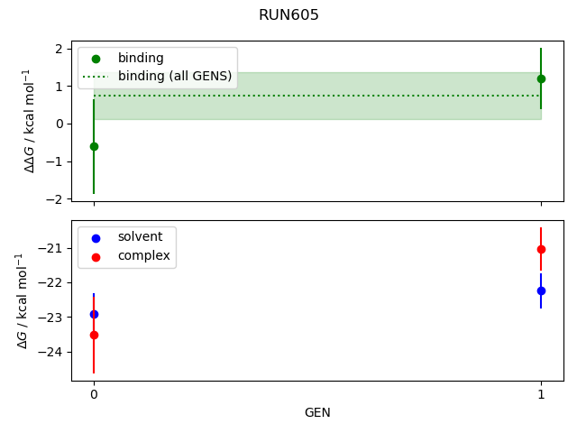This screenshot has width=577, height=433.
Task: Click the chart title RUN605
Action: pyautogui.click(x=288, y=15)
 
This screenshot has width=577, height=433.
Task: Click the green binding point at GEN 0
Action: pyautogui.click(x=94, y=146)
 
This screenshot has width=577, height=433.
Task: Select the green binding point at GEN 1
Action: pyautogui.click(x=541, y=78)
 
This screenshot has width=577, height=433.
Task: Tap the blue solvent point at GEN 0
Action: pyautogui.click(x=94, y=314)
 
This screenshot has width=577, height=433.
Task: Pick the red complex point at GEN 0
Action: pyautogui.click(x=94, y=335)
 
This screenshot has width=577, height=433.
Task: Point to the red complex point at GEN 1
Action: pyautogui.click(x=541, y=249)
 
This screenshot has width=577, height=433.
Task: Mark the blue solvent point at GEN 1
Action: pyautogui.click(x=541, y=290)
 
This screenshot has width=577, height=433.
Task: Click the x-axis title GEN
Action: pyautogui.click(x=317, y=413)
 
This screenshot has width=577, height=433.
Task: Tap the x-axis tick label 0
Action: pyautogui.click(x=94, y=394)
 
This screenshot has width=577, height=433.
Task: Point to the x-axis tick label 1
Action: pyautogui.click(x=541, y=394)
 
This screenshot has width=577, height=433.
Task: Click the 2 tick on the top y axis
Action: pyautogui.click(x=58, y=49)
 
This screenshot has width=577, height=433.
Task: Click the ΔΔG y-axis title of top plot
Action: pyautogui.click(x=29, y=120)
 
